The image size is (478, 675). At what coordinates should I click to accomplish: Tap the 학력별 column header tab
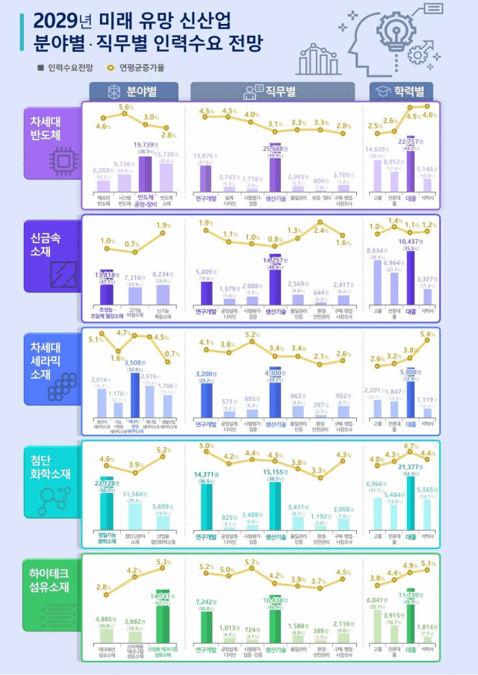400,91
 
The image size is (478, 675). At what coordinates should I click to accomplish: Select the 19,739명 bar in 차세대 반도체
144,173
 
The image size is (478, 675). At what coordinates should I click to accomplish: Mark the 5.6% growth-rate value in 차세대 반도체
125,108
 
